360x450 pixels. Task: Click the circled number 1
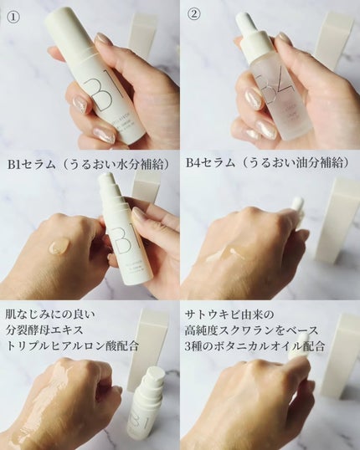(13, 13)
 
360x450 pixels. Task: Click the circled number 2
(193, 13)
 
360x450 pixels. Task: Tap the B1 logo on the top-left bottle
(106, 93)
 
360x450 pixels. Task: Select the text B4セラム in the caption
(211, 162)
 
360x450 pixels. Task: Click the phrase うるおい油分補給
(294, 162)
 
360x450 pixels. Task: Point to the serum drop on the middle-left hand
(58, 245)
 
